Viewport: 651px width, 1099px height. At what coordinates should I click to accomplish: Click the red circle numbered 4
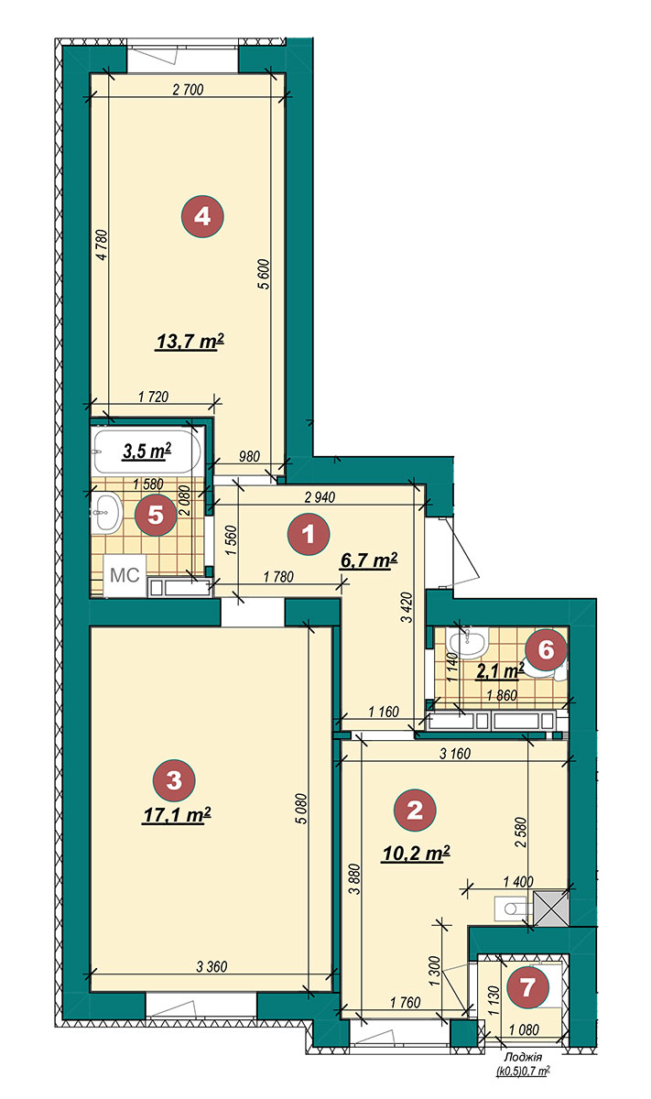pyautogui.click(x=202, y=216)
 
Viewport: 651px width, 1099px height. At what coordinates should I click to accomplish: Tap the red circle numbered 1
pyautogui.click(x=309, y=534)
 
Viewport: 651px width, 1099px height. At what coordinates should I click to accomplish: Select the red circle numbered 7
pyautogui.click(x=527, y=986)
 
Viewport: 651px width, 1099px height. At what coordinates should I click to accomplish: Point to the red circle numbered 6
pyautogui.click(x=546, y=650)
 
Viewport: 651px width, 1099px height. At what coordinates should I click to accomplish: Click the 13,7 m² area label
pyautogui.click(x=190, y=341)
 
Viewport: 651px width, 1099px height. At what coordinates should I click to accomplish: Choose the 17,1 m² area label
pyautogui.click(x=177, y=815)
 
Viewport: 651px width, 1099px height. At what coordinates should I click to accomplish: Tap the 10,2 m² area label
pyautogui.click(x=416, y=854)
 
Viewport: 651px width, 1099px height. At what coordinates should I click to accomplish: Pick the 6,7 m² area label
pyautogui.click(x=368, y=560)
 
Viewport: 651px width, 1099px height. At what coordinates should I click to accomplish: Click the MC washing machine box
pyautogui.click(x=125, y=575)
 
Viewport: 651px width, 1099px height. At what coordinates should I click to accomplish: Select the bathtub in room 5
pyautogui.click(x=146, y=451)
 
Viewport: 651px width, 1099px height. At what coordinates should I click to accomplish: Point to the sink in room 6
pyautogui.click(x=468, y=644)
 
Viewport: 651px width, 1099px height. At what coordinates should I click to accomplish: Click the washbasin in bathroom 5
pyautogui.click(x=106, y=512)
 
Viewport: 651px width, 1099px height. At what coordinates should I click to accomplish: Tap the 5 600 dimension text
pyautogui.click(x=265, y=274)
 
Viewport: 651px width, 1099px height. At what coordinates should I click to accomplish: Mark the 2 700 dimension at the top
pyautogui.click(x=188, y=90)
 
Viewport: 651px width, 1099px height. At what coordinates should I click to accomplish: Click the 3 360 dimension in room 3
pyautogui.click(x=212, y=967)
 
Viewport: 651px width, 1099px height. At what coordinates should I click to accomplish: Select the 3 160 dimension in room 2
pyautogui.click(x=455, y=753)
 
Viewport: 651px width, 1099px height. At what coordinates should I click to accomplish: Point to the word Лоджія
pyautogui.click(x=523, y=1057)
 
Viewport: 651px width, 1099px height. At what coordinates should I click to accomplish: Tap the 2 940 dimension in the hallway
pyautogui.click(x=320, y=497)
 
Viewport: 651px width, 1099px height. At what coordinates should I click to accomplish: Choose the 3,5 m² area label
pyautogui.click(x=146, y=451)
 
